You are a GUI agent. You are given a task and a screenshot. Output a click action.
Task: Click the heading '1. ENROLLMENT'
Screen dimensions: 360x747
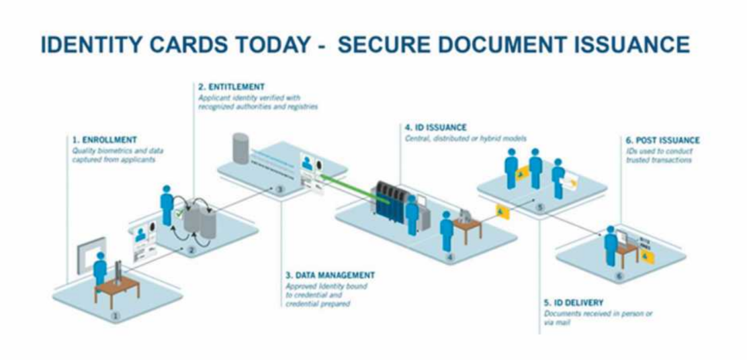pos(104,140)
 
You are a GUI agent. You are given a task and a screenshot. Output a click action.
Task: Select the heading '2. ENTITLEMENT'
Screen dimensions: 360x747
pos(231,87)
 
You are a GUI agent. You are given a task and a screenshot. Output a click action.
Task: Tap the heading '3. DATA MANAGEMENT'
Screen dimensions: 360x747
pos(330,275)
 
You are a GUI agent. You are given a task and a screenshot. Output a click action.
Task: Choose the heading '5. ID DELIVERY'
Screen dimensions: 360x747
pos(574,302)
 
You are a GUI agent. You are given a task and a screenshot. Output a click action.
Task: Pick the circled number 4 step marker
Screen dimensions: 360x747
pos(451,257)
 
